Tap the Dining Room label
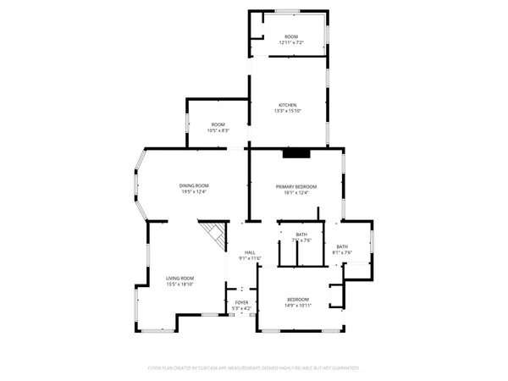click(x=193, y=185)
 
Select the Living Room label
click(x=179, y=279)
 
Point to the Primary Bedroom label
click(x=295, y=186)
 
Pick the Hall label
click(x=251, y=252)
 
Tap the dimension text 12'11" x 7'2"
click(x=291, y=42)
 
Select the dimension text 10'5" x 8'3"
click(x=218, y=130)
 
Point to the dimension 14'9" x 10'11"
click(x=297, y=305)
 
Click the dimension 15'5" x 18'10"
click(x=179, y=284)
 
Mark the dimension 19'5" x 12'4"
click(x=193, y=191)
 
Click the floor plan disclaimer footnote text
click(x=254, y=368)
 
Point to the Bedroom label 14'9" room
click(x=297, y=299)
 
